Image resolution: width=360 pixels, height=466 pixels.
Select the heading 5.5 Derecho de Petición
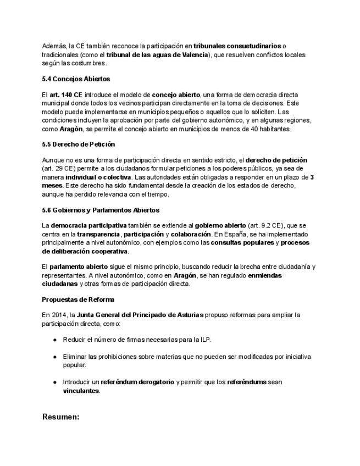(x=78, y=144)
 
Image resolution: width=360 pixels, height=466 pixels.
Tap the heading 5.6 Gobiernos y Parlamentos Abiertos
(x=101, y=210)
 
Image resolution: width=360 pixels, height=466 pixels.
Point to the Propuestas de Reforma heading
(x=78, y=299)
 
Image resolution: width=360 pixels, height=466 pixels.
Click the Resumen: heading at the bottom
(x=61, y=417)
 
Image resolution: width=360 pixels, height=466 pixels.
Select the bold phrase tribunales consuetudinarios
(x=237, y=46)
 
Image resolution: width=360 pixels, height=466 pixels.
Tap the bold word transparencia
(x=98, y=234)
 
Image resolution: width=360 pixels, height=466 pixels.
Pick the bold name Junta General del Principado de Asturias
(x=140, y=315)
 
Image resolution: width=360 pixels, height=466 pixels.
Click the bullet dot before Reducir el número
(x=56, y=340)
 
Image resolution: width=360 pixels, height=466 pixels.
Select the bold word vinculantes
(x=81, y=390)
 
